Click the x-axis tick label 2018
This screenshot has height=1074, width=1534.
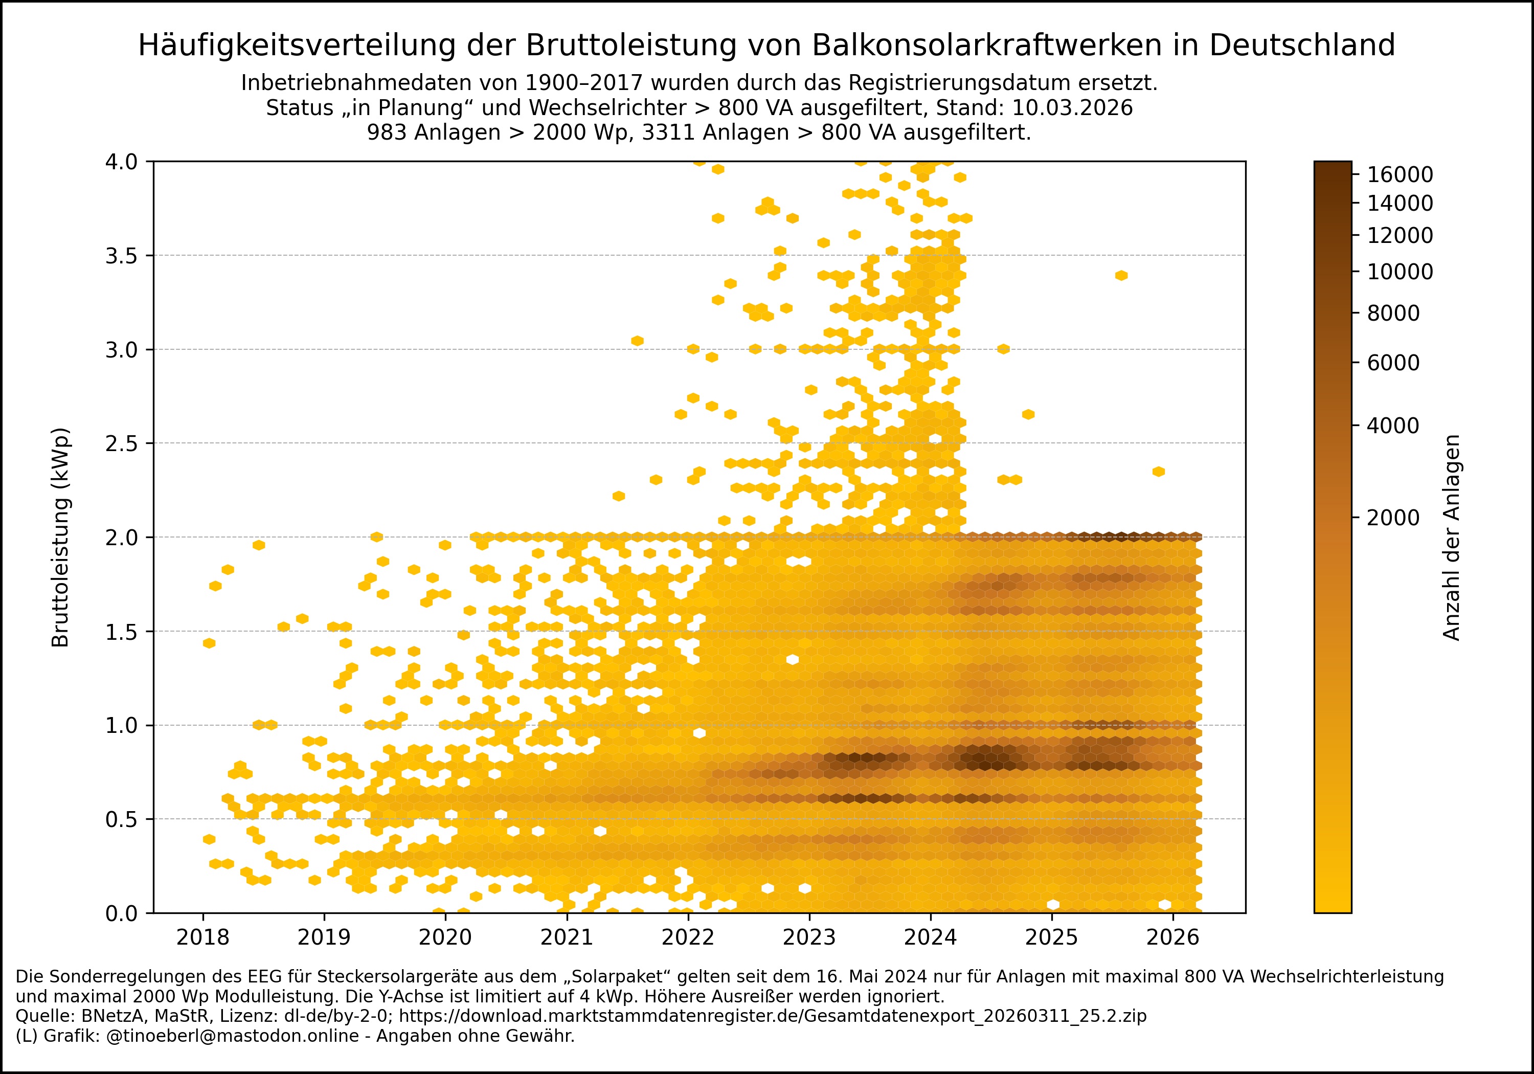pos(202,937)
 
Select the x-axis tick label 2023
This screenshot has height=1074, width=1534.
pos(809,937)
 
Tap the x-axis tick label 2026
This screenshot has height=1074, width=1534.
pos(1172,937)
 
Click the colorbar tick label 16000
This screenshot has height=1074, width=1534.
pos(1400,174)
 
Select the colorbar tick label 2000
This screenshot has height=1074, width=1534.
pos(1393,518)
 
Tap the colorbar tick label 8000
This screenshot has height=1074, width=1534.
pos(1393,313)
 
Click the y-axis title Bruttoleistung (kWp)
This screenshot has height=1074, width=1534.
pos(61,538)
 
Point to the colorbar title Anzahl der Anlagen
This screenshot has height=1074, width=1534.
pos(1451,538)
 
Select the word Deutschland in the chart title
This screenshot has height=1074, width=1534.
pos(1301,46)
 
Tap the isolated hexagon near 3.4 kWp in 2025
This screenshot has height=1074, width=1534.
pos(1121,275)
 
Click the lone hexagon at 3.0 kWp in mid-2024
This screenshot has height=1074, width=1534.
pos(1003,349)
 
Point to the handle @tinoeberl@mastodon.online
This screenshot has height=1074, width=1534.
pos(233,1036)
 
